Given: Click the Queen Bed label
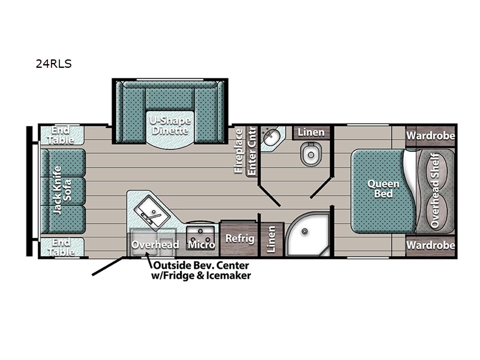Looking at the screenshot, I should tap(380, 189).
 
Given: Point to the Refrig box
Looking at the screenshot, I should tap(239, 238).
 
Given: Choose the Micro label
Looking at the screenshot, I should tap(201, 244).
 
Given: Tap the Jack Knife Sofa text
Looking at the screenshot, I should tap(62, 190).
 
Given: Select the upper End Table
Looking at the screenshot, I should tap(62, 135).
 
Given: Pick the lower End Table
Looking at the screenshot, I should tap(62, 247).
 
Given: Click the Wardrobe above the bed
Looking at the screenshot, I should tap(430, 136).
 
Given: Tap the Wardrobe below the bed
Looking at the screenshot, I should tap(430, 245).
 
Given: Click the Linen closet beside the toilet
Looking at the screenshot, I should tap(311, 132).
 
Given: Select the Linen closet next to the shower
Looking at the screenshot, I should tap(271, 238).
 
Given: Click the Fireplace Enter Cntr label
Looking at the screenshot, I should tap(246, 151).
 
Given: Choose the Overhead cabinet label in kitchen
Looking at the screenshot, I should tap(155, 245).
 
